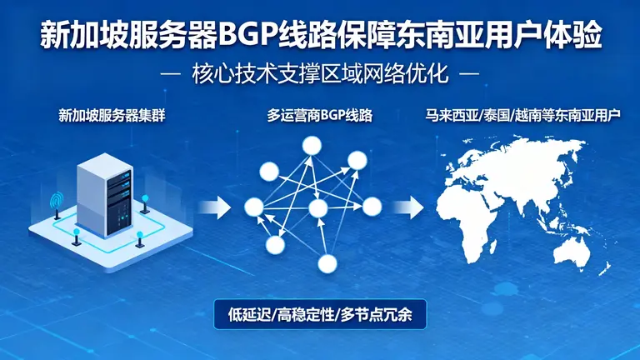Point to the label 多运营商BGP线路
coord(319,116)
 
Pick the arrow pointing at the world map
coord(409,207)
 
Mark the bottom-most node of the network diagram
coord(328,264)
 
